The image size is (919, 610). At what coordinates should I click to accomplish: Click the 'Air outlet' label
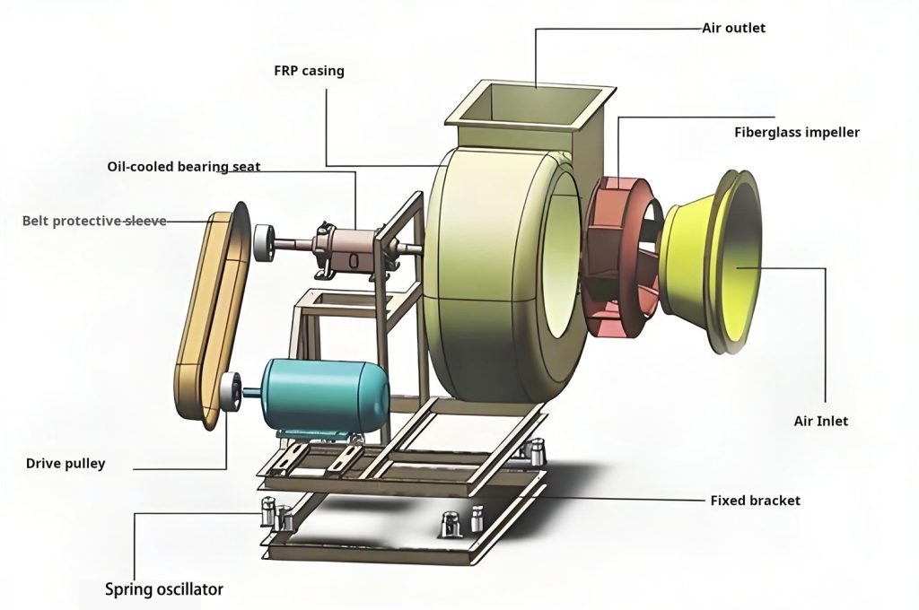tap(733, 28)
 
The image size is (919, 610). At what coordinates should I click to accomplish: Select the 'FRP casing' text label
tap(309, 70)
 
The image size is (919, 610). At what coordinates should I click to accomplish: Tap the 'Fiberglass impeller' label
tap(797, 133)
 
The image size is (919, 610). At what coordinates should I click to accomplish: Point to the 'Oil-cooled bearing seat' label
tap(184, 167)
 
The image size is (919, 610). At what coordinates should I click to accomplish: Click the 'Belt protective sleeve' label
tap(94, 221)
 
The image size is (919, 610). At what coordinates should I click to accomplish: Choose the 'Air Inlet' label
tap(820, 421)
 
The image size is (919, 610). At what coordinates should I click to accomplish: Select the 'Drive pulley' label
tap(66, 464)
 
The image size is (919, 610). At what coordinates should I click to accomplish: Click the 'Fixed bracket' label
tap(755, 500)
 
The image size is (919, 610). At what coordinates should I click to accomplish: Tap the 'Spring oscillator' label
tap(164, 589)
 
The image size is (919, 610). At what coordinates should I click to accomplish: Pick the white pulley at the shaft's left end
tap(264, 243)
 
